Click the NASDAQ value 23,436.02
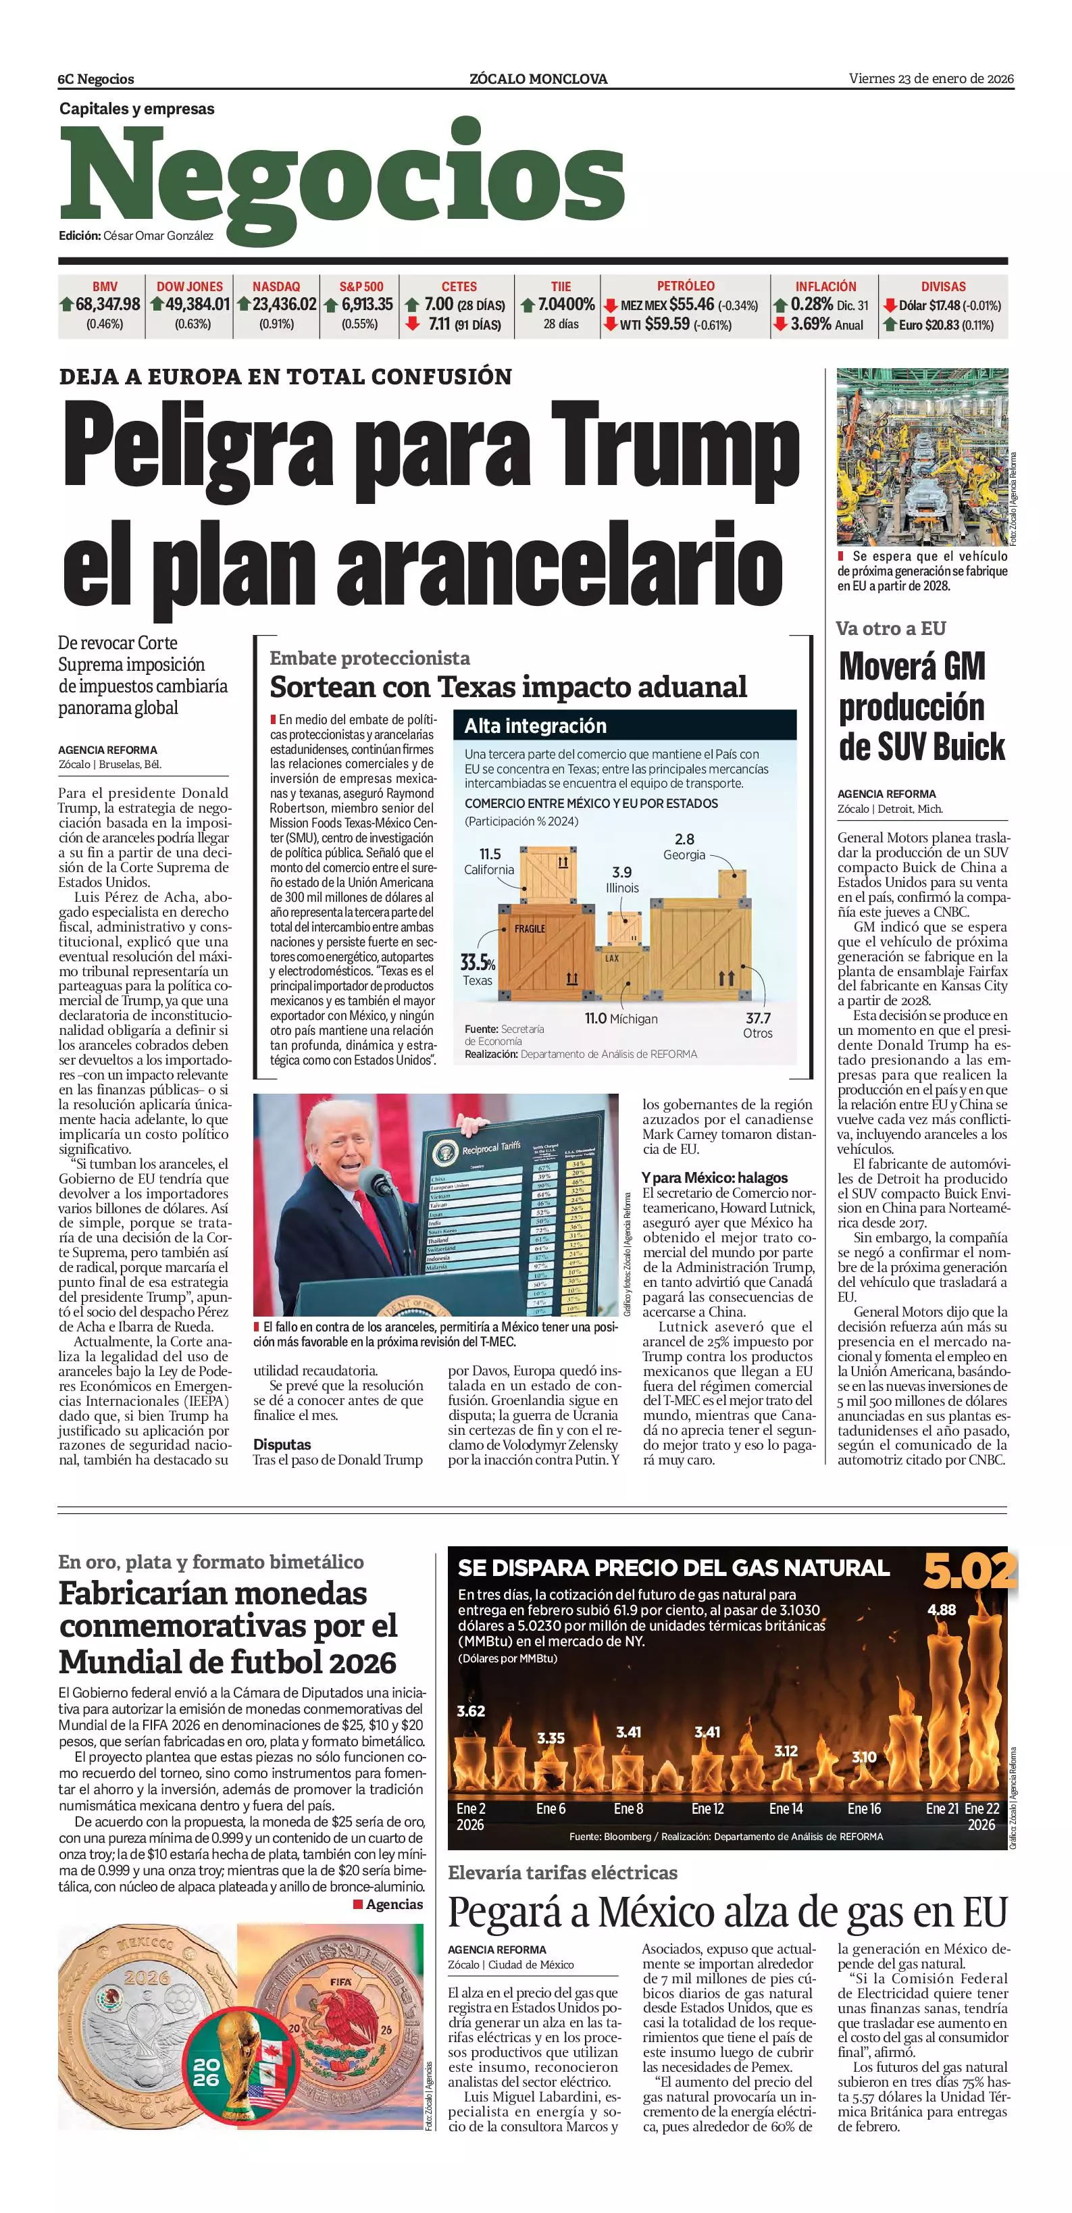pyautogui.click(x=284, y=304)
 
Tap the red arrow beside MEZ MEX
pyautogui.click(x=610, y=305)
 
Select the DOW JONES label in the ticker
pyautogui.click(x=189, y=286)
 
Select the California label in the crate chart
pyautogui.click(x=489, y=869)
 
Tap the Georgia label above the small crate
pyautogui.click(x=684, y=855)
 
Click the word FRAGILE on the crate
pyautogui.click(x=530, y=929)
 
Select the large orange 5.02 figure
pyautogui.click(x=968, y=1571)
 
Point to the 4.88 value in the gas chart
pyautogui.click(x=942, y=1609)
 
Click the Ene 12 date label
pyautogui.click(x=707, y=1808)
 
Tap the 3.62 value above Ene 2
pyautogui.click(x=471, y=1711)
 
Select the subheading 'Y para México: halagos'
pyautogui.click(x=714, y=1178)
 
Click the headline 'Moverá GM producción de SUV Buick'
pyautogui.click(x=921, y=706)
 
